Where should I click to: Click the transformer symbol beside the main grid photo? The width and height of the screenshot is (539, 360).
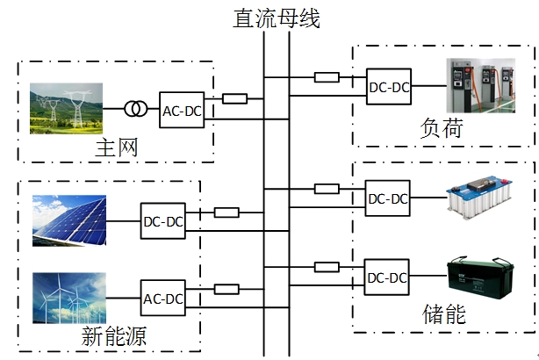[135, 109]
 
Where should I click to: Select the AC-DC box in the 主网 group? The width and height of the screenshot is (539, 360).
[182, 110]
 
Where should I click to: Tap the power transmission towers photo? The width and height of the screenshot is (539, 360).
[66, 108]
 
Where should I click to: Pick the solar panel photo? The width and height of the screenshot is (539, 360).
[68, 220]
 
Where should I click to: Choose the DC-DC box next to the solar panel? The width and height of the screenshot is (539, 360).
[163, 221]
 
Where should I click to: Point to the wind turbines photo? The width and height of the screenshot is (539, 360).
[68, 298]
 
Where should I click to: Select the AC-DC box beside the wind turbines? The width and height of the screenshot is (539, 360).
[163, 299]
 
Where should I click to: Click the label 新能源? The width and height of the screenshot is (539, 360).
[113, 335]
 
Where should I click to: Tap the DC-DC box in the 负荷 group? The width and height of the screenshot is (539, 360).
[389, 86]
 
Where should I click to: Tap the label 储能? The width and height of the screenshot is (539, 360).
[444, 313]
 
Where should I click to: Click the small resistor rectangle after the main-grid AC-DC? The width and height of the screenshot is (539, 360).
[234, 99]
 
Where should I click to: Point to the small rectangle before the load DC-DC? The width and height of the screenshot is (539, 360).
[327, 76]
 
